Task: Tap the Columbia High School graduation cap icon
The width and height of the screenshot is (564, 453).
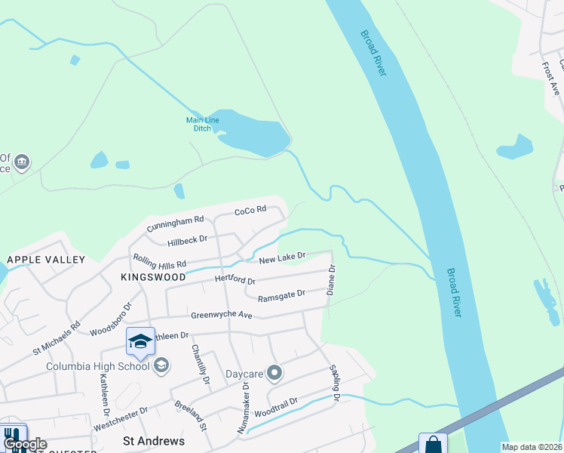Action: click(140, 342)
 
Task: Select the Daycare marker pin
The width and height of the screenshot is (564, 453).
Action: click(274, 372)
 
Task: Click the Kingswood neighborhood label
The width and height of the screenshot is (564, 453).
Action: click(153, 277)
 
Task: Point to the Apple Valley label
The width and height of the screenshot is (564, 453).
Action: click(46, 259)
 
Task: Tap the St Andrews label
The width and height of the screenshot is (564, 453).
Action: click(153, 440)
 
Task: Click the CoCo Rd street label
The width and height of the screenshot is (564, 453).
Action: click(250, 210)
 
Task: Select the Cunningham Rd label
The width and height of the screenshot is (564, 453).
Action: click(176, 222)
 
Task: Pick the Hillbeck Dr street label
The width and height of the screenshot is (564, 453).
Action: click(188, 239)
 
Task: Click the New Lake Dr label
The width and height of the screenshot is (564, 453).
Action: click(282, 258)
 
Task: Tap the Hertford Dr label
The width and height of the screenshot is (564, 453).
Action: click(234, 280)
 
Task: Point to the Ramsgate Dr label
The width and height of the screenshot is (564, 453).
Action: click(281, 295)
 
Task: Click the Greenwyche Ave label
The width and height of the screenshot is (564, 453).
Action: click(221, 315)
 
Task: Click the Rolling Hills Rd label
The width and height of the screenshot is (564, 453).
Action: click(160, 263)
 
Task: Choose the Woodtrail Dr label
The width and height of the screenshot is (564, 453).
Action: click(277, 408)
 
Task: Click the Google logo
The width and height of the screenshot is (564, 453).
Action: click(26, 444)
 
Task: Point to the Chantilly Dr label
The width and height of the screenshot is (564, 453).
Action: click(199, 363)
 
